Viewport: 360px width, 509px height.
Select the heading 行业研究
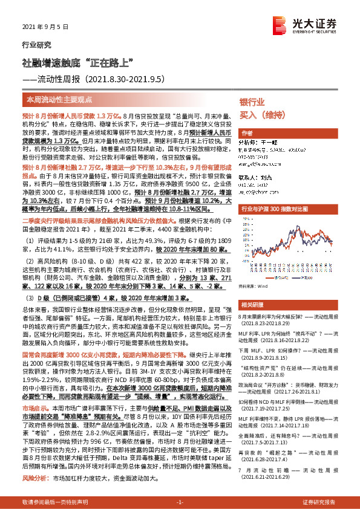point(33,45)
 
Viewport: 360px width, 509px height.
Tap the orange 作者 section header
point(247,133)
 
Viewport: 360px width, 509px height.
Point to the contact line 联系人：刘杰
point(257,178)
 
